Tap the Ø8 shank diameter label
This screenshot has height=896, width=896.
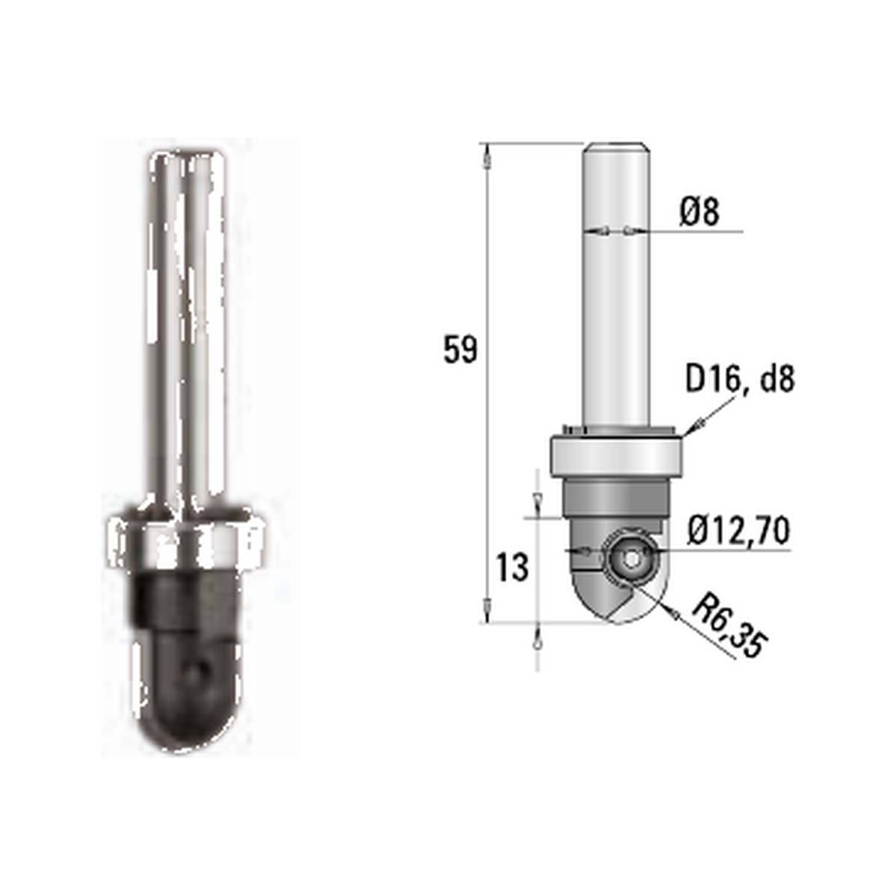click(700, 211)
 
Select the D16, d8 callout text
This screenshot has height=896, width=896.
click(740, 379)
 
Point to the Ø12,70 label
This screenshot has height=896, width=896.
click(739, 531)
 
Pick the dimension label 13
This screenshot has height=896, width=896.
click(512, 567)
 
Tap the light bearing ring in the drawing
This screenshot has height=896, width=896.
click(617, 455)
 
